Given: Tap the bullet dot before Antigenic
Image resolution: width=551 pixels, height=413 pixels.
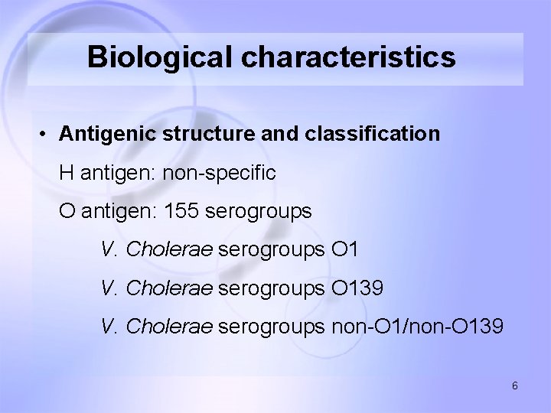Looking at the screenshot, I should coord(47,135).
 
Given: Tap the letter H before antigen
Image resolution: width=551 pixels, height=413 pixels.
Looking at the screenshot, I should coord(67,174).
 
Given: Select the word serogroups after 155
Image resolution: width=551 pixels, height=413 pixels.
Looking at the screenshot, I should coord(259,212).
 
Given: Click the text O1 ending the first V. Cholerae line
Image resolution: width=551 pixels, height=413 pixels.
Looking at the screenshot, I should coord(345,249).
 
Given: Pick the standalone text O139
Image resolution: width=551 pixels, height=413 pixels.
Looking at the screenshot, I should coord(357,288).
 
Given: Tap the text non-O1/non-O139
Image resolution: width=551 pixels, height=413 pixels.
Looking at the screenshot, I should coord(417,327).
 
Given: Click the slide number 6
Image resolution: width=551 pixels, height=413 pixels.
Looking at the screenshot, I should coord(515,385).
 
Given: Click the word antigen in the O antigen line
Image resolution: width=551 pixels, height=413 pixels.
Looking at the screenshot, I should coord(116,212).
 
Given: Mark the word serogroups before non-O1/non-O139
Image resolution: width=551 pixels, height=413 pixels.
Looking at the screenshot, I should coord(272,327).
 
